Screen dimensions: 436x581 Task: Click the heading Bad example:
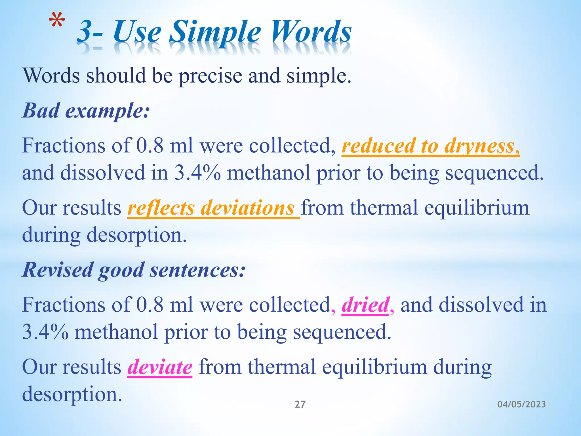[86, 110]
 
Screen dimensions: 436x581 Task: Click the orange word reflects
[161, 208]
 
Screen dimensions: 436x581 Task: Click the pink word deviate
[160, 367]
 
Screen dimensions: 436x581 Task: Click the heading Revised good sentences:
[134, 270]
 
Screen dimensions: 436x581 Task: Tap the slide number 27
[300, 404]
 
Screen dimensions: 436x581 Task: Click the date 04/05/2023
[521, 404]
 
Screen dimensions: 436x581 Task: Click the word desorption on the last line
[72, 395]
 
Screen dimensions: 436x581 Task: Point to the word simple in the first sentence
[318, 76]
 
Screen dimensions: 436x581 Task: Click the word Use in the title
[137, 32]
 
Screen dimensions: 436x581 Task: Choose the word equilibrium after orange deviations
[477, 208]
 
